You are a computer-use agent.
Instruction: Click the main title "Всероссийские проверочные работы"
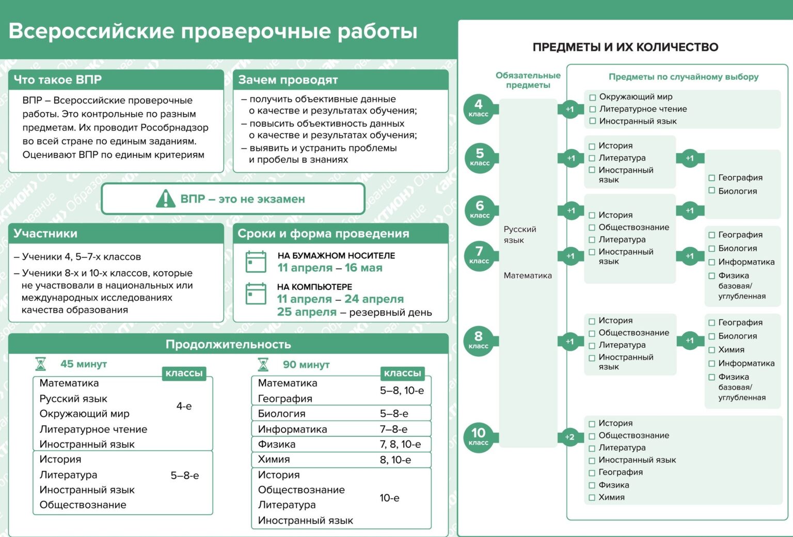213,31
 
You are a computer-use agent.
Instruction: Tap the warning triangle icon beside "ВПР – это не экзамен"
165,199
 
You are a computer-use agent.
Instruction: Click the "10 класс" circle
479,436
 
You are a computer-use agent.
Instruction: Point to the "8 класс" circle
479,340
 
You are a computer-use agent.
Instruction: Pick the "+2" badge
569,437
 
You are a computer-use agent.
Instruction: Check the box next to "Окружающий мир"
592,97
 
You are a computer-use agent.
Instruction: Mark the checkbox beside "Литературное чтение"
592,109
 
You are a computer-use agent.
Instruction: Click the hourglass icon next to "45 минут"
40,364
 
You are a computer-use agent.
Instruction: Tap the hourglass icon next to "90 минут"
263,365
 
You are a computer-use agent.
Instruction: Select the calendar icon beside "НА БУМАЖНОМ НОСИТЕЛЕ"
256,262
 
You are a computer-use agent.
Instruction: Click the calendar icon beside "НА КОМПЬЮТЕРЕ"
256,294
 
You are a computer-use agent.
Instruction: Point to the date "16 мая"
363,268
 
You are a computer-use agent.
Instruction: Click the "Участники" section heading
45,234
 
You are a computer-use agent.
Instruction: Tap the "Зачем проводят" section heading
288,80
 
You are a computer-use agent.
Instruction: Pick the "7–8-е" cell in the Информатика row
393,429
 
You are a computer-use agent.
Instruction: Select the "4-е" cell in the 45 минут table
184,406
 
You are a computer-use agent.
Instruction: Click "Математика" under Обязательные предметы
528,275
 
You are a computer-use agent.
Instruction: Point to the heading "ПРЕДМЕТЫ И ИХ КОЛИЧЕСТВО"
625,47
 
